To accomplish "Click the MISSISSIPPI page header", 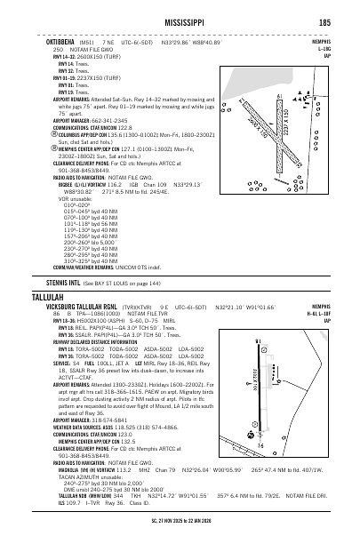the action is [180, 22].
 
